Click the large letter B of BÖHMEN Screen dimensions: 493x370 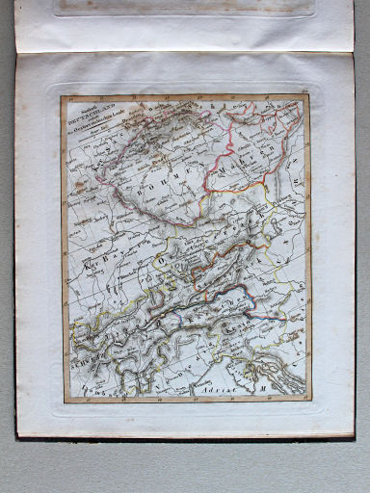click(145, 191)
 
